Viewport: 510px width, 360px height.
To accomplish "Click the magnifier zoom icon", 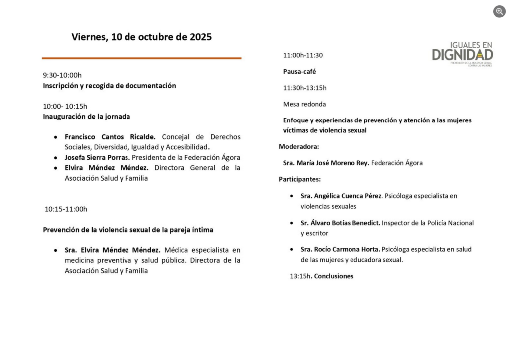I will [499, 11].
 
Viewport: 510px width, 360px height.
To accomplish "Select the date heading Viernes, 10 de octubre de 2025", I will [141, 37].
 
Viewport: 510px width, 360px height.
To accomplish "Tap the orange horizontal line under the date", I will [141, 58].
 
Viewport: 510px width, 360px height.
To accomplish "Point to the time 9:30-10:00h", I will [62, 75].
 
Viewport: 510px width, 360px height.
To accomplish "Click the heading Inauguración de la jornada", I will [87, 117].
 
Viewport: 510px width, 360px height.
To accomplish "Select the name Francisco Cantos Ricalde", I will [110, 137].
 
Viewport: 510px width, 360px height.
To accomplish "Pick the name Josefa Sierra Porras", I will [97, 157].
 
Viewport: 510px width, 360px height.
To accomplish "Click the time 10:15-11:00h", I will [66, 209].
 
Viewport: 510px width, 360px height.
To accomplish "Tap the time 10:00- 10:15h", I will [65, 106].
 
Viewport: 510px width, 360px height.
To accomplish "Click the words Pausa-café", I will [300, 71].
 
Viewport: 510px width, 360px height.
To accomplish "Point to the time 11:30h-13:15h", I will [305, 88].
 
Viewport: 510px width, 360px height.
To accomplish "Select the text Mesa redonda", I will [305, 104].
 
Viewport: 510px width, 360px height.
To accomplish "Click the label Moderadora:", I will [299, 147].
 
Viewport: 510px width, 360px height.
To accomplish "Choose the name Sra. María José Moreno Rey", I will [326, 163].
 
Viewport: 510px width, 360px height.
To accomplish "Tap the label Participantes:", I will [300, 179].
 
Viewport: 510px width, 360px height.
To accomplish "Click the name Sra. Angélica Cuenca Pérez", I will [342, 196].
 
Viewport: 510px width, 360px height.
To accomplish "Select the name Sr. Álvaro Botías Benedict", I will [340, 223].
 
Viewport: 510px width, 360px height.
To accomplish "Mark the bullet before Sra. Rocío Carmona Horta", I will [292, 249].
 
